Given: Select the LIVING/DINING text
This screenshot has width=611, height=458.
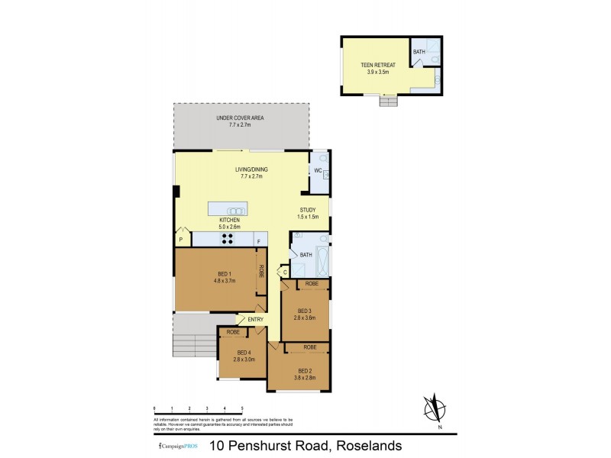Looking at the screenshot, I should click(248, 172).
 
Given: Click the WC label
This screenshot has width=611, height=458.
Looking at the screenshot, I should click(318, 170).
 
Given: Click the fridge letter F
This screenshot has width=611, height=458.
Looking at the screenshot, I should click(259, 241).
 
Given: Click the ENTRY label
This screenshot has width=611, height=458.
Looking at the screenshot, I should click(255, 319).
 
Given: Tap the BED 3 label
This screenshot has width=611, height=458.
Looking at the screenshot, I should click(305, 311).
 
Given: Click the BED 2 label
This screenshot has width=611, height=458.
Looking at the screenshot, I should click(305, 370).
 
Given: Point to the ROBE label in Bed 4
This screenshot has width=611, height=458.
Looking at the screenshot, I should click(233, 332).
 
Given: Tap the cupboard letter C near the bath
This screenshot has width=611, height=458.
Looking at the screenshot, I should click(284, 272).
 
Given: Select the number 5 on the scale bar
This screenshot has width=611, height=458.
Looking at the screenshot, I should click(242, 409).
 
